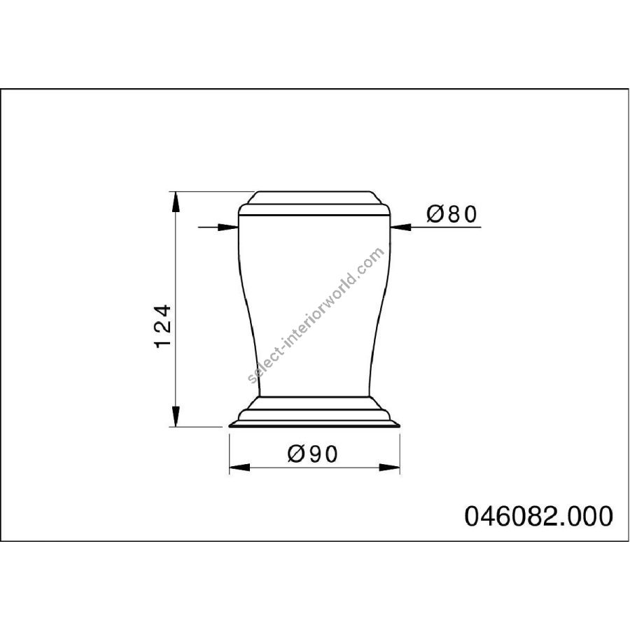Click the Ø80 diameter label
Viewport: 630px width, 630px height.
451,213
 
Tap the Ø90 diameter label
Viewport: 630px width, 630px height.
313,454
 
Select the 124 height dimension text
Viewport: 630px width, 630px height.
163,326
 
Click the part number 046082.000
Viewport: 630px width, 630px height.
539,516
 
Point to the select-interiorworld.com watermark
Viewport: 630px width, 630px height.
316,316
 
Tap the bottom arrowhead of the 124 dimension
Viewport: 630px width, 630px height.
175,416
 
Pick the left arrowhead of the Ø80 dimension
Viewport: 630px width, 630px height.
228,227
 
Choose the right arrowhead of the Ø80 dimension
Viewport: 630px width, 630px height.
400,227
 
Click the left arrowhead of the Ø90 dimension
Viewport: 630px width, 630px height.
239,468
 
